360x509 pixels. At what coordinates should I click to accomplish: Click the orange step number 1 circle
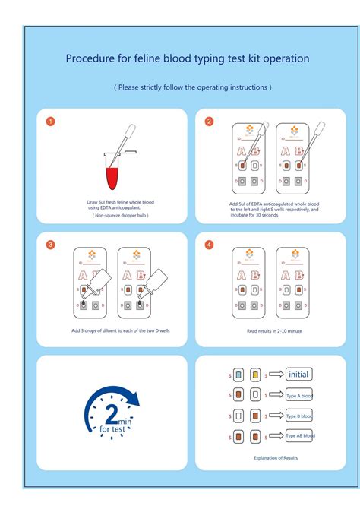point(50,122)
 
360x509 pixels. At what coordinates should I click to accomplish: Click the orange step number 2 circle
point(209,122)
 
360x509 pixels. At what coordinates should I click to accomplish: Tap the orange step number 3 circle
point(50,245)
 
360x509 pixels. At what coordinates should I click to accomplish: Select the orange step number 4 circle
point(209,245)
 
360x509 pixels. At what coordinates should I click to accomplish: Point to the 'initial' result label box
point(298,375)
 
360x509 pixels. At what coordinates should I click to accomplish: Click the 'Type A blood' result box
point(299,396)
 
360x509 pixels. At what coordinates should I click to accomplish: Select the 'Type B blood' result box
point(299,416)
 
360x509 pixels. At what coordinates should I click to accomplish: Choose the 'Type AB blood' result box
point(299,435)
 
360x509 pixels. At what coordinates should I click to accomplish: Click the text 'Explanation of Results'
point(276,458)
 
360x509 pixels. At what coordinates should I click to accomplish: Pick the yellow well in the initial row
point(254,375)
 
